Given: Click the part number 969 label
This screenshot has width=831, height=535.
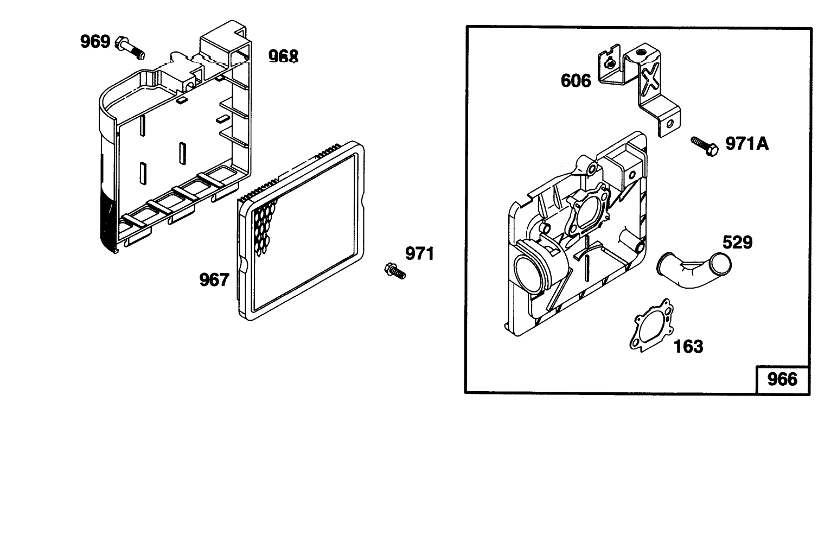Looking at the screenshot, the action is pyautogui.click(x=95, y=41).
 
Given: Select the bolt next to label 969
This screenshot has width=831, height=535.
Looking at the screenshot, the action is pyautogui.click(x=130, y=48).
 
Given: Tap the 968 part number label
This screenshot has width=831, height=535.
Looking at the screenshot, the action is pyautogui.click(x=284, y=56).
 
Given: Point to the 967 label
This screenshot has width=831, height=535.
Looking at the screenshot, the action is pyautogui.click(x=214, y=280).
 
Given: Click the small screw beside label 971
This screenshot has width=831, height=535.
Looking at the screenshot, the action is pyautogui.click(x=395, y=271).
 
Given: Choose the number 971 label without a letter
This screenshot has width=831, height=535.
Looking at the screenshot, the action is pyautogui.click(x=420, y=254).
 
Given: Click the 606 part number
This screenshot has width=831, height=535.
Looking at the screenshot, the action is pyautogui.click(x=576, y=80).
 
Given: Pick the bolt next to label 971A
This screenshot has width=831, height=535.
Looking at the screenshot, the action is pyautogui.click(x=705, y=147).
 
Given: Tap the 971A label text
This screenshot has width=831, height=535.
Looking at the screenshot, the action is pyautogui.click(x=747, y=144).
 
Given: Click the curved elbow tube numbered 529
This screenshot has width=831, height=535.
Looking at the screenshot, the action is pyautogui.click(x=694, y=269).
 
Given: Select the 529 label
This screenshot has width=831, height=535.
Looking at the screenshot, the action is pyautogui.click(x=738, y=243).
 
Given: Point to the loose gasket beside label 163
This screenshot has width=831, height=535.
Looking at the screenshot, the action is pyautogui.click(x=652, y=325).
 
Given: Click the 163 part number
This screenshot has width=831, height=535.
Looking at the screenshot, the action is pyautogui.click(x=688, y=347).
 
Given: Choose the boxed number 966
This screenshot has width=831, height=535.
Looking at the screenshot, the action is pyautogui.click(x=782, y=379).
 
